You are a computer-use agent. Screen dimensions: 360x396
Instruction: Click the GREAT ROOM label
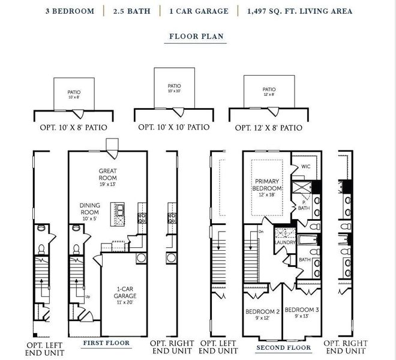click(x=108, y=174)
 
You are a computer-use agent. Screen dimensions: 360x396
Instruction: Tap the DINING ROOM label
click(x=90, y=208)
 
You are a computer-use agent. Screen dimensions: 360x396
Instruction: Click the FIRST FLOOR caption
click(x=106, y=343)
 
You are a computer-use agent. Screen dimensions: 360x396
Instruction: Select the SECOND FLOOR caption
click(x=283, y=347)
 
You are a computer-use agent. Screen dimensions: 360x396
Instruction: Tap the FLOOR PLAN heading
click(x=196, y=36)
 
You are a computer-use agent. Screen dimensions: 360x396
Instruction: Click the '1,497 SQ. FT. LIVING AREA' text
click(x=298, y=11)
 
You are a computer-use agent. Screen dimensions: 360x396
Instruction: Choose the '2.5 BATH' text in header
click(x=131, y=11)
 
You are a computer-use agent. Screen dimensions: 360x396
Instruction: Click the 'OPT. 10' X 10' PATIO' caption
click(x=174, y=127)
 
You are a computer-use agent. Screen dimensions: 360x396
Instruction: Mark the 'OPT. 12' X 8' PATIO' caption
click(x=268, y=128)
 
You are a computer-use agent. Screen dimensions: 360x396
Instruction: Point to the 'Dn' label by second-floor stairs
click(x=261, y=231)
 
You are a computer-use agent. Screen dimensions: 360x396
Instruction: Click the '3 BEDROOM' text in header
click(x=70, y=11)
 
